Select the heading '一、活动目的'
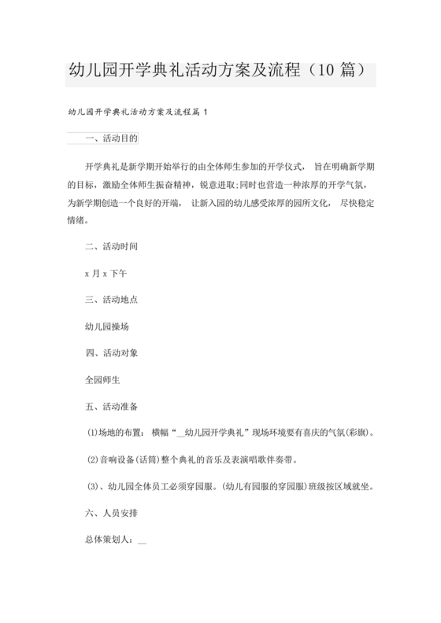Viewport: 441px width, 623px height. click(x=111, y=138)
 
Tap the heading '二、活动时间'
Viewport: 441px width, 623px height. click(x=111, y=246)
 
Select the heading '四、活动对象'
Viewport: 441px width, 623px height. click(x=111, y=353)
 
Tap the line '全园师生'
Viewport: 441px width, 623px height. click(x=102, y=380)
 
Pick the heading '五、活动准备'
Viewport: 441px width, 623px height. click(x=111, y=407)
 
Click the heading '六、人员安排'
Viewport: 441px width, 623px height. click(x=111, y=513)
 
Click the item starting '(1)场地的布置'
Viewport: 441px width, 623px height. click(x=228, y=433)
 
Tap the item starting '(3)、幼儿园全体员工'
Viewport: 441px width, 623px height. click(x=228, y=486)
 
